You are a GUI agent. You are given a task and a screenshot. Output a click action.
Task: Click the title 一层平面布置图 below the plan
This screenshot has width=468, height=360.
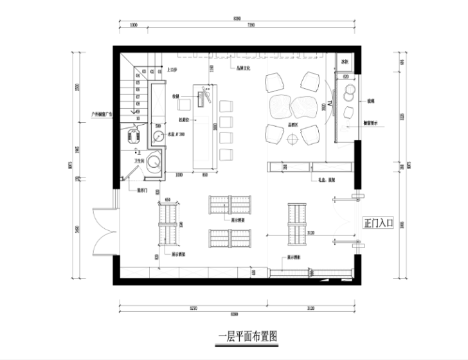tap(248, 336)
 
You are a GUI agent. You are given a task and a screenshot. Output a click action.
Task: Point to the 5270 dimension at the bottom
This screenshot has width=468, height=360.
tap(193, 308)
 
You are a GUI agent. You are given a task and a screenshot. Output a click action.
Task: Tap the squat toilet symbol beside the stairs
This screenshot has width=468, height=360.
tap(134, 136)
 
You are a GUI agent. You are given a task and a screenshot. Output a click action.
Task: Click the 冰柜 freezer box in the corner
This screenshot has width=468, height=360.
tap(345, 63)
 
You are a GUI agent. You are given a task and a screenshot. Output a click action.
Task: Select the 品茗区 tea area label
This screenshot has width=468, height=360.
tap(295, 126)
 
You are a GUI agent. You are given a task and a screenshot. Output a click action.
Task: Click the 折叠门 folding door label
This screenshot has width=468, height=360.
tap(142, 190)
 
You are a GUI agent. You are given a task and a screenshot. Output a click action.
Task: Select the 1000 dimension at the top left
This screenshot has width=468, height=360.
tap(134, 25)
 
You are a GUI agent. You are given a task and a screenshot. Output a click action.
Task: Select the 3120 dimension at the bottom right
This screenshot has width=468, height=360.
tap(312, 308)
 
